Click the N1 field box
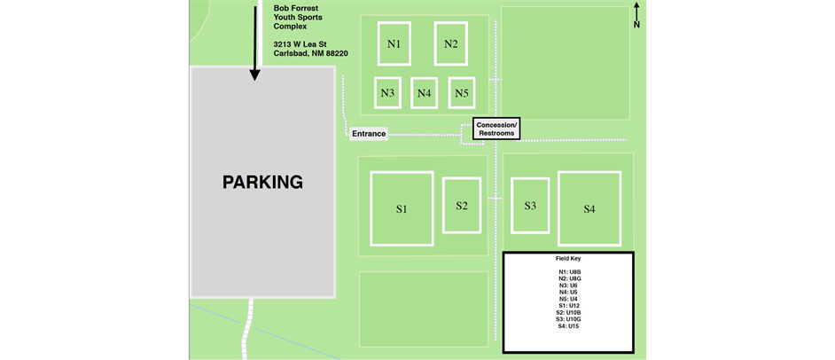(x=394, y=43)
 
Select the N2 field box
(x=450, y=43)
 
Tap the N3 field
(x=387, y=92)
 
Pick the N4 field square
(x=424, y=92)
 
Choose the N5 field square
(x=460, y=92)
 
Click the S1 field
(x=402, y=209)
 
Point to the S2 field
(x=462, y=206)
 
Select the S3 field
(x=530, y=206)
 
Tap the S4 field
(x=589, y=209)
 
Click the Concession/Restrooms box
(x=496, y=129)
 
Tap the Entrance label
(x=369, y=134)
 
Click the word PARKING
(x=262, y=183)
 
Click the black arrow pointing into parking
(x=255, y=40)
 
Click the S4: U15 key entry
(x=568, y=326)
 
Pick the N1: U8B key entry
(x=568, y=271)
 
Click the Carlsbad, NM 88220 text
(x=310, y=53)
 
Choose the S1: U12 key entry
(x=568, y=306)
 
